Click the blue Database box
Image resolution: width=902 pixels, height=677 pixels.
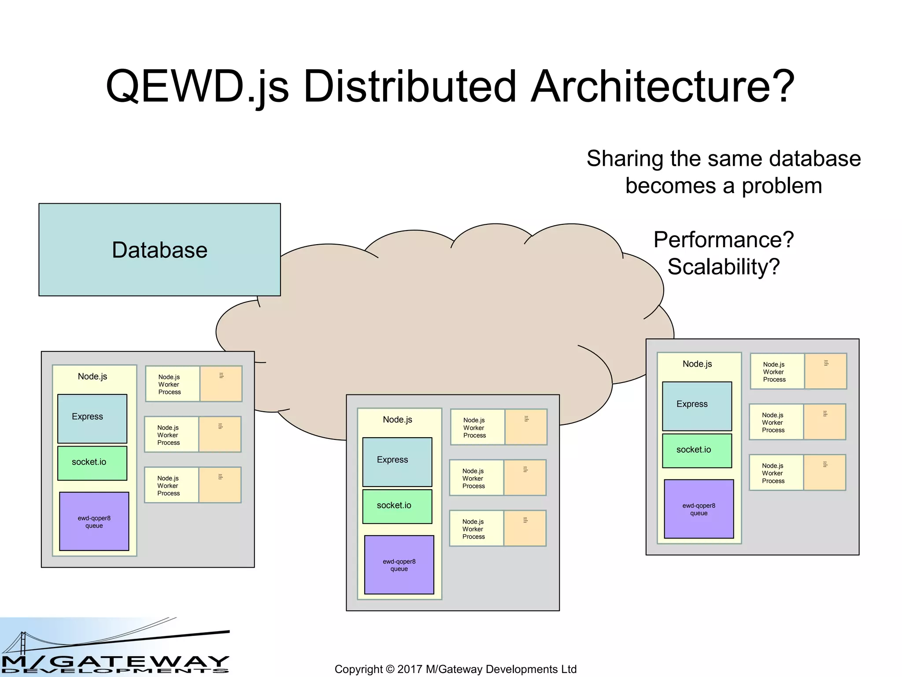(x=159, y=249)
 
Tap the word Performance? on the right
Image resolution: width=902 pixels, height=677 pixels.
(x=723, y=240)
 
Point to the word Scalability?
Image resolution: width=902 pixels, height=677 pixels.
(x=723, y=267)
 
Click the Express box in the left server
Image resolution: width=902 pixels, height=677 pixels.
(x=92, y=418)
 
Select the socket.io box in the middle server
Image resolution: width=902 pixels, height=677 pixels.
(x=397, y=506)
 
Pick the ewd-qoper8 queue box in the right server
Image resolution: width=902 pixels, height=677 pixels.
(x=699, y=509)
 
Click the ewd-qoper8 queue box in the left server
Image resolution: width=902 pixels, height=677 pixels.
(x=94, y=521)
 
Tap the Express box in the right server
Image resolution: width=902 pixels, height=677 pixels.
(x=697, y=406)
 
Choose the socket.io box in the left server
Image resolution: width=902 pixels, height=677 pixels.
(x=92, y=463)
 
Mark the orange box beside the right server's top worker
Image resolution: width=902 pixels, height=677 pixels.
(x=825, y=371)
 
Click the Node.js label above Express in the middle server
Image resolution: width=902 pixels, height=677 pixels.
(x=397, y=420)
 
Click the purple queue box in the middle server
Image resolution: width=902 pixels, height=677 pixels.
(x=399, y=565)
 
